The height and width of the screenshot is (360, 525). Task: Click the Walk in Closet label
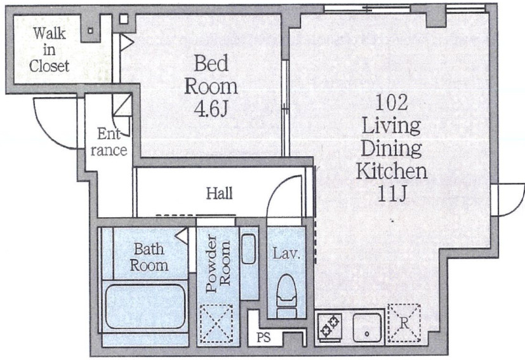pos(50,50)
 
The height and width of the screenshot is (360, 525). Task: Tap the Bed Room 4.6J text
pos(211,86)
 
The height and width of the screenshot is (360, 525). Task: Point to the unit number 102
pos(392,102)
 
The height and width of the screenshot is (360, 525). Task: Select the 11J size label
pos(392,193)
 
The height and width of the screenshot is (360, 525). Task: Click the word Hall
pos(219,193)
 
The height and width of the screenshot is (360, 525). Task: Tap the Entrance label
pos(109,142)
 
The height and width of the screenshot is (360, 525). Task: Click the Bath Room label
pos(149,257)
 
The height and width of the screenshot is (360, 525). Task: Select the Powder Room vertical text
pos(218,263)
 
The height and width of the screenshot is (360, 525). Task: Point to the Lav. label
pos(286,253)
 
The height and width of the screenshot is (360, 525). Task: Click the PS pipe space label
pos(263,337)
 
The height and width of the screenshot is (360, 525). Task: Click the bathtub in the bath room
pos(145,306)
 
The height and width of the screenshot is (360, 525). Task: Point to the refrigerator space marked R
pos(404,323)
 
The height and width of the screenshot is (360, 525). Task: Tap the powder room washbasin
pos(248,249)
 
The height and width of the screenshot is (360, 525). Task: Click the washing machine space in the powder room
pos(216,323)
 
